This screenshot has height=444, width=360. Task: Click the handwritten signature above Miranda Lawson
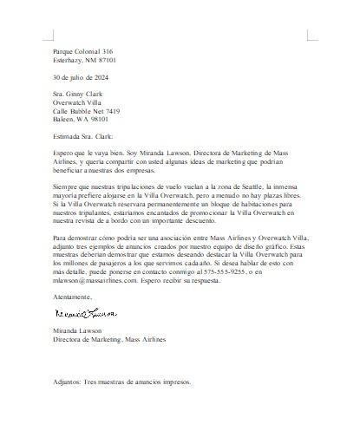point(85,311)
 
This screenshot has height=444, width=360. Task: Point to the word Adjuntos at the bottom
point(67,381)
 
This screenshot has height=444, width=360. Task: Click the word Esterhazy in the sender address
point(69,61)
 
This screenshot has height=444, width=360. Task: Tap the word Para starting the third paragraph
point(59,237)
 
